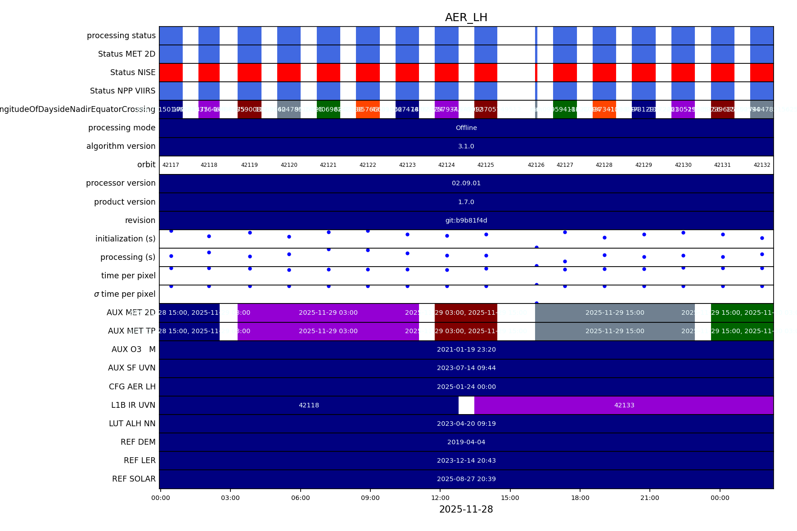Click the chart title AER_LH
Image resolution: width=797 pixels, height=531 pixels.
point(466,18)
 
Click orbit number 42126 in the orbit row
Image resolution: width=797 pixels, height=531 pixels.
point(536,165)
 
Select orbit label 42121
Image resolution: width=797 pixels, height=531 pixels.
point(328,165)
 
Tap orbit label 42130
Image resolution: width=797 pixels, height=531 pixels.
point(683,165)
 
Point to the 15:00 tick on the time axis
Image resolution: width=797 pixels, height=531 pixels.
point(510,498)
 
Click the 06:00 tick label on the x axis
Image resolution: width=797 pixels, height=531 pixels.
point(300,498)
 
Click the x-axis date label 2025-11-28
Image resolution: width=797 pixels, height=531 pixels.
point(466,509)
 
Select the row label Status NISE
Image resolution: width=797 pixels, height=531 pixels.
point(133,72)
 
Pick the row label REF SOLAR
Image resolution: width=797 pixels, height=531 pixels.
point(134,479)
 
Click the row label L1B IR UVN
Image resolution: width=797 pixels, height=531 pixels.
point(133,405)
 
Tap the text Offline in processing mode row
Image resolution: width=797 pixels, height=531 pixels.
point(466,128)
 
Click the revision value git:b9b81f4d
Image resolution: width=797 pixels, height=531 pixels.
point(466,220)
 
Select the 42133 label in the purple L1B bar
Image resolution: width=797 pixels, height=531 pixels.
point(624,405)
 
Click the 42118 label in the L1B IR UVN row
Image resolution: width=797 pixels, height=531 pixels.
point(309,405)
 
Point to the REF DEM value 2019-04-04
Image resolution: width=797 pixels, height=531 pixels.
point(466,442)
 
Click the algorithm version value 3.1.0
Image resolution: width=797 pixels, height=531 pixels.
point(466,146)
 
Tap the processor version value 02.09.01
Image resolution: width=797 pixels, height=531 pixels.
point(466,183)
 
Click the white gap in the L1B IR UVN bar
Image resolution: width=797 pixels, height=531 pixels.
point(466,405)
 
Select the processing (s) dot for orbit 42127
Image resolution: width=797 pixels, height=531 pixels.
point(565,261)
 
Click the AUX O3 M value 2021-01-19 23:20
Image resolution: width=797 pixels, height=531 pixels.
point(466,349)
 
